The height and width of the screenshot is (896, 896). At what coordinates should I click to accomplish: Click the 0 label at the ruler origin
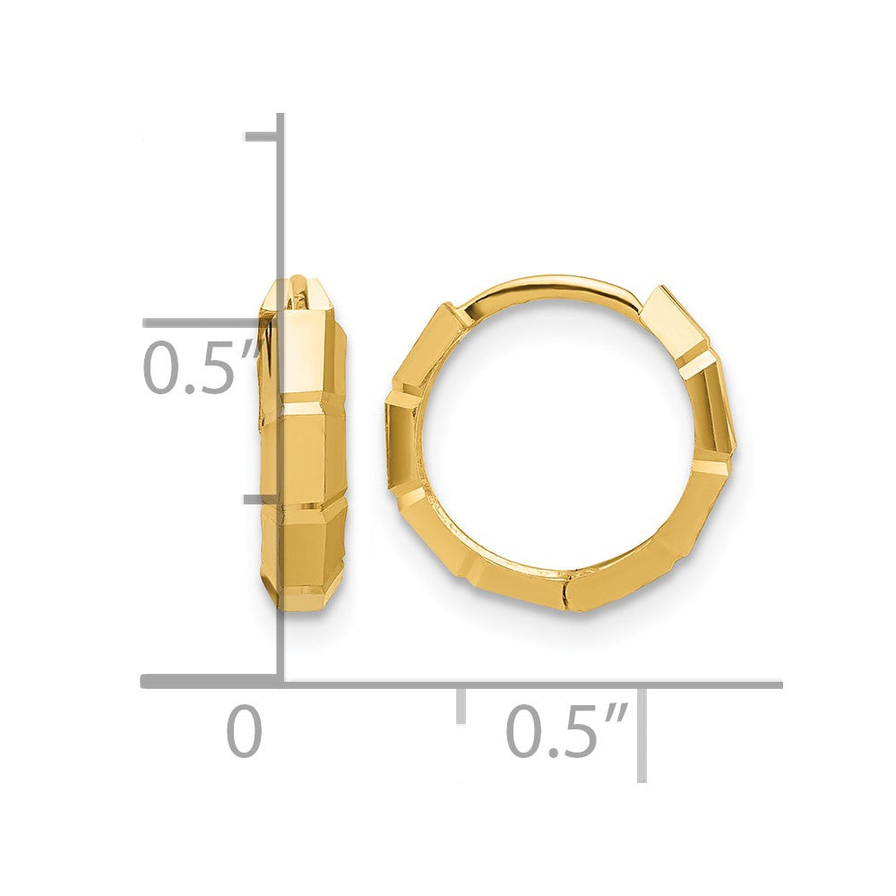244,732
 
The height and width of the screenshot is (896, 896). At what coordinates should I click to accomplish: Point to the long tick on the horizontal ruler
642,730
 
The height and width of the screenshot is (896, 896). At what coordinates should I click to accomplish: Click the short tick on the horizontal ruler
461,704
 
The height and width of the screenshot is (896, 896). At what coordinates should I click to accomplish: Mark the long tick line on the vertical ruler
211,323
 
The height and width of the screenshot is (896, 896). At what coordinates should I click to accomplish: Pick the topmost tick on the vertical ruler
262,137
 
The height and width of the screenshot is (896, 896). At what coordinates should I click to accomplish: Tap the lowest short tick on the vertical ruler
262,498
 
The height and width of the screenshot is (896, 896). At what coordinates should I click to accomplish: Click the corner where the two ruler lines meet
281,683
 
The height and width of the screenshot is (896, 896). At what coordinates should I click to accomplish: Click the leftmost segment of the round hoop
401,439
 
